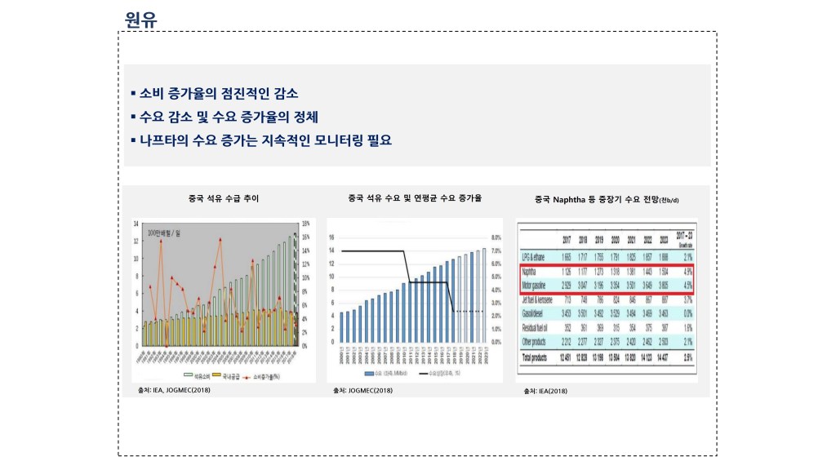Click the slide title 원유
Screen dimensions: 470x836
point(141,19)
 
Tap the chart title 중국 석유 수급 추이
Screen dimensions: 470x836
point(224,198)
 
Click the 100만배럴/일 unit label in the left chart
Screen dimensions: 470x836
point(166,233)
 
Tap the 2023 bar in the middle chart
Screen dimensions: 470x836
point(484,295)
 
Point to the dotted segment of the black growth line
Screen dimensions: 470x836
point(469,311)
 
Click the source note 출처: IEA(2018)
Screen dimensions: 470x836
point(545,392)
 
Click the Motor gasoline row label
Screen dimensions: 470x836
point(536,286)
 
